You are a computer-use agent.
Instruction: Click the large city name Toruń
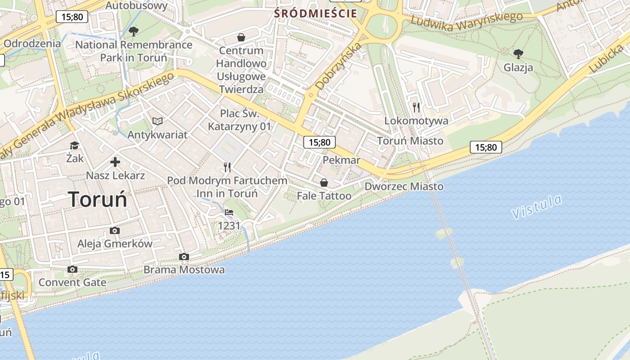pos(98,199)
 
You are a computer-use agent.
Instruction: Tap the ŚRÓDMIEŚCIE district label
pos(316,13)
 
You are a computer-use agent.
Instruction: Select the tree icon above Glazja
pos(518,54)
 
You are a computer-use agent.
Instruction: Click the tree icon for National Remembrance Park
pos(133,31)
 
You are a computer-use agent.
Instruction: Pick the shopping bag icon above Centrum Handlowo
pos(241,37)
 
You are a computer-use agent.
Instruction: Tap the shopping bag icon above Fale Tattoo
pos(324,183)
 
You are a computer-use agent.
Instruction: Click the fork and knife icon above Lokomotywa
pos(416,108)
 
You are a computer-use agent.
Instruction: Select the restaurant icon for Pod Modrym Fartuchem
pos(227,167)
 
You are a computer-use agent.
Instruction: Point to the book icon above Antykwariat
pos(157,121)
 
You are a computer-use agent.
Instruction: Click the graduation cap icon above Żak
pos(74,145)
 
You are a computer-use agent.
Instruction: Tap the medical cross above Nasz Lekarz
pos(115,162)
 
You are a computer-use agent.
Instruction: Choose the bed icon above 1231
pos(229,212)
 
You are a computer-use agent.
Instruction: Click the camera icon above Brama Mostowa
pos(184,256)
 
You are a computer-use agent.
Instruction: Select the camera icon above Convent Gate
pos(72,270)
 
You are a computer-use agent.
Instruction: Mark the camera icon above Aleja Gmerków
pos(115,231)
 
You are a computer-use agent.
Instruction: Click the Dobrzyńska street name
pos(338,66)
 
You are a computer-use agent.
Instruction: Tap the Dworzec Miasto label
pos(404,186)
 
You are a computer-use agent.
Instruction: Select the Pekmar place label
pos(342,160)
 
